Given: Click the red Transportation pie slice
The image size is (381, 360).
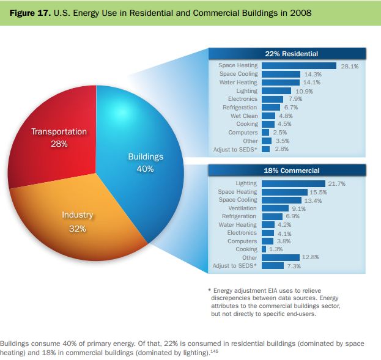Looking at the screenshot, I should [58, 122].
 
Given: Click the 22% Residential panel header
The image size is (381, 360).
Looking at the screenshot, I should [287, 54].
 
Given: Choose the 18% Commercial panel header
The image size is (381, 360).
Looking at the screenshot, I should [287, 171].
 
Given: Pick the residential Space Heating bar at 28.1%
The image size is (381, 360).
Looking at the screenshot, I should [298, 65].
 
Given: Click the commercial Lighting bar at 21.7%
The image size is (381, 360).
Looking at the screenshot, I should [293, 183].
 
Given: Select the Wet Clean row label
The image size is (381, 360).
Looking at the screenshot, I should [244, 116].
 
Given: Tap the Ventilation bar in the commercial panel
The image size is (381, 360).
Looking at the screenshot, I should [275, 208].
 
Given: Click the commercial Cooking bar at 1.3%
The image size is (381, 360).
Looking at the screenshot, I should [264, 249].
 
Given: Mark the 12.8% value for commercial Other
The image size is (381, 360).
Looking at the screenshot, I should [311, 257].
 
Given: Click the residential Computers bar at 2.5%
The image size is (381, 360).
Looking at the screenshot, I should [265, 132].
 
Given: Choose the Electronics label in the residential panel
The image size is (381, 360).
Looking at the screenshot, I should [242, 98].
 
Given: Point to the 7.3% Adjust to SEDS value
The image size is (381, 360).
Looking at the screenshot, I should [294, 266].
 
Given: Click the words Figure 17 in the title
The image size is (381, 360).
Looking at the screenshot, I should [28, 12].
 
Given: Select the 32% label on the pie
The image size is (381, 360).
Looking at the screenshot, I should [78, 229].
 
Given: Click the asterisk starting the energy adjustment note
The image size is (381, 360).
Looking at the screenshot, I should [210, 290].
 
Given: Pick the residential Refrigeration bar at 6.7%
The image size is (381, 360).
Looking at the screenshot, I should [270, 107].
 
